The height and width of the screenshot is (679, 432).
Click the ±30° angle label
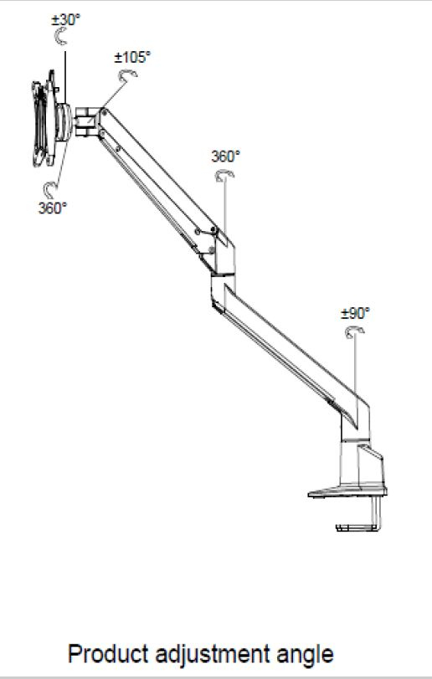[x=66, y=20]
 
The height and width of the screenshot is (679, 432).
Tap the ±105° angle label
[x=132, y=57]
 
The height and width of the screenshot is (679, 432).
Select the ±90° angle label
[x=355, y=313]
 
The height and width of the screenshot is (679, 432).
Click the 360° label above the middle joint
[x=225, y=157]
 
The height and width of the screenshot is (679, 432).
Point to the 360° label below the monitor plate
[x=53, y=208]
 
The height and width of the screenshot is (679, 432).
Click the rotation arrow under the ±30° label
[x=59, y=36]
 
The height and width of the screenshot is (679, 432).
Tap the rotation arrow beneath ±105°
[x=127, y=75]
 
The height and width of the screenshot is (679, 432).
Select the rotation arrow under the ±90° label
[x=354, y=332]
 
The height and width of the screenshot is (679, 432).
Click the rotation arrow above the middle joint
[x=224, y=174]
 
